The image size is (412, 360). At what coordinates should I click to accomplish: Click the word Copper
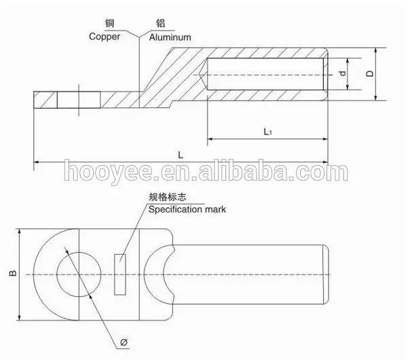point(105,37)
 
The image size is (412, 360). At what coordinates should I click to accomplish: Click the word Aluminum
point(170,37)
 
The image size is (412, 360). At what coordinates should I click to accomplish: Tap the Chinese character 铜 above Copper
point(110,23)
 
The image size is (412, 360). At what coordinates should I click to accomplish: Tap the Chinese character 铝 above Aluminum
point(161,23)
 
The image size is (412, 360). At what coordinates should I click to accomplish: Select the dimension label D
point(370,73)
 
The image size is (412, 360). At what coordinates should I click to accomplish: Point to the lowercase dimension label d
point(342,73)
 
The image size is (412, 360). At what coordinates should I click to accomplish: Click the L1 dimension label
point(267,131)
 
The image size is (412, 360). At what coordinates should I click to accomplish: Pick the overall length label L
point(181,155)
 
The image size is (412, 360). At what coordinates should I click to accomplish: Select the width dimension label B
point(13,273)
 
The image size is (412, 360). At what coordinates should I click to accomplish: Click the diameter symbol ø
point(124,342)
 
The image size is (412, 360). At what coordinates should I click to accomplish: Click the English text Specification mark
point(187,210)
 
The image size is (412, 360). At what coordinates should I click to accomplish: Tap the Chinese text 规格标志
point(168,197)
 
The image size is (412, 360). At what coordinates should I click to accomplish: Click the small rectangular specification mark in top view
point(120,274)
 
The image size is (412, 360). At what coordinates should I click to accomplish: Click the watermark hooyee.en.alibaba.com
point(206,170)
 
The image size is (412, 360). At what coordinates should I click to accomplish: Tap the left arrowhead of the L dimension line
point(37,162)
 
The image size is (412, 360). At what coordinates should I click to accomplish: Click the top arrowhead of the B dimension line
point(19,232)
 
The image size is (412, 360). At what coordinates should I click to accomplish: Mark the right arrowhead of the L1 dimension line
point(325,139)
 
